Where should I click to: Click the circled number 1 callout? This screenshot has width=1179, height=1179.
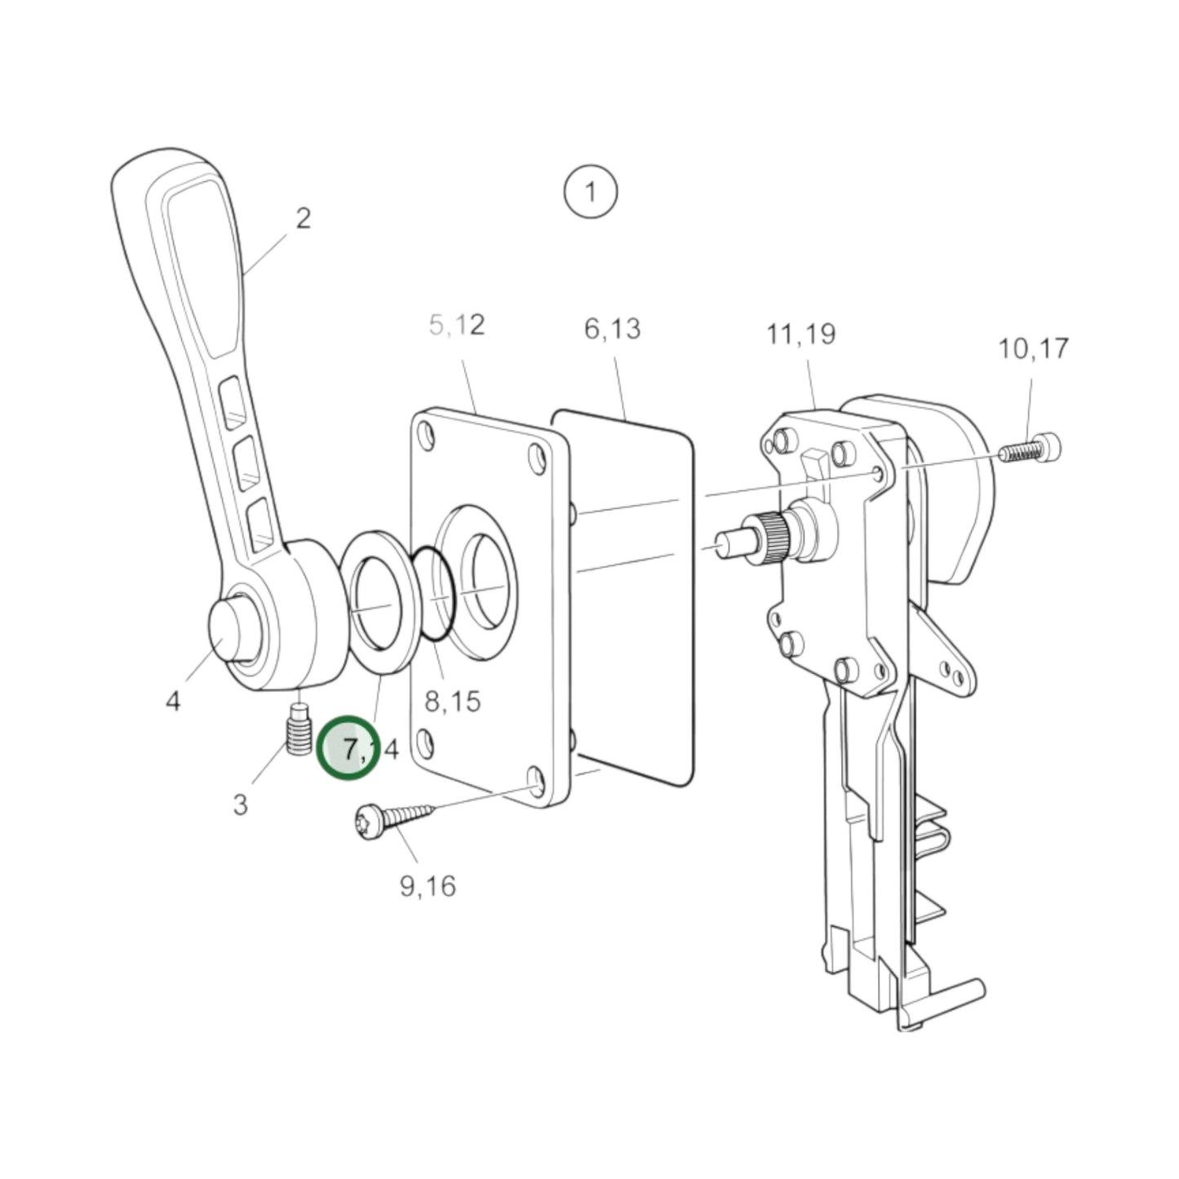(x=590, y=193)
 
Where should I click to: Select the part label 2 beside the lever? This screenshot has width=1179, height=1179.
(x=303, y=219)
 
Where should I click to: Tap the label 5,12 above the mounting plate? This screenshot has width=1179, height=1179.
(x=457, y=325)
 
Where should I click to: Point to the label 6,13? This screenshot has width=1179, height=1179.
(x=612, y=329)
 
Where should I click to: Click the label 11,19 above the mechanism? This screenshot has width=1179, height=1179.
(x=800, y=334)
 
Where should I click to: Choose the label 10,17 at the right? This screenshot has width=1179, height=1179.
(x=1033, y=348)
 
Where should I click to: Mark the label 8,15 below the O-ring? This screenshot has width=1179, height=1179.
(x=453, y=700)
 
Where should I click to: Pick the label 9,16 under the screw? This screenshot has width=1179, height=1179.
(x=428, y=885)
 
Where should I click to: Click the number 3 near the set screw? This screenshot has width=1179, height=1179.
(x=240, y=804)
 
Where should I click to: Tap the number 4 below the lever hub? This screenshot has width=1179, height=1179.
(x=173, y=700)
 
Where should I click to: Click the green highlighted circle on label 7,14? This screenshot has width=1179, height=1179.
(x=349, y=747)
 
